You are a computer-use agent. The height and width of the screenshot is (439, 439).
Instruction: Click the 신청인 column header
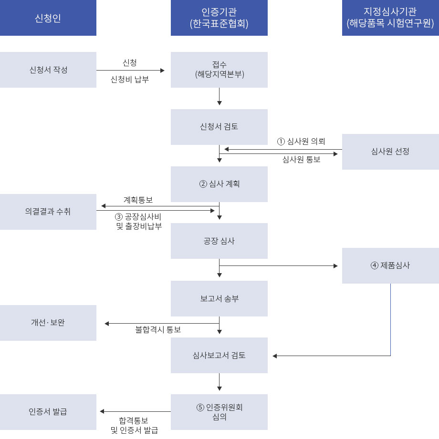[x=48, y=18]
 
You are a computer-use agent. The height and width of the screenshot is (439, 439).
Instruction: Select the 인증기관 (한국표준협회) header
[x=219, y=18]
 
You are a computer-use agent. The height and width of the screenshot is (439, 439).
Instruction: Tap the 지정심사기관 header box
[x=390, y=18]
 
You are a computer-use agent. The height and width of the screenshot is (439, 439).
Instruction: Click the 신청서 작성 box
[x=48, y=70]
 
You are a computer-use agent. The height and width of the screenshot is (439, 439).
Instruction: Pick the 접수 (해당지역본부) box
[x=219, y=70]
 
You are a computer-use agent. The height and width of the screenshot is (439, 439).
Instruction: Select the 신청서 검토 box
[x=219, y=127]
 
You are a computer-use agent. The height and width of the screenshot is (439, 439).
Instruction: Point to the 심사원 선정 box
[x=390, y=152]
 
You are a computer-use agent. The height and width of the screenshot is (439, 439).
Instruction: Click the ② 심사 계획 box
[x=219, y=184]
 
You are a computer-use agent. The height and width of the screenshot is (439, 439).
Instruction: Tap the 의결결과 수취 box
[x=48, y=212]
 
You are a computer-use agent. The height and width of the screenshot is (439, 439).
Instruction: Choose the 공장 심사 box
[x=219, y=241]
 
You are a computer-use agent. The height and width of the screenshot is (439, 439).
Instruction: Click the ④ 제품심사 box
[x=390, y=265]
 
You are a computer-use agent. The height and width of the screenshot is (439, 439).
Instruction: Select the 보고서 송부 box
[x=219, y=298]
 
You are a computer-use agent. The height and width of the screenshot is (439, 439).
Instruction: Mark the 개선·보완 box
[x=48, y=323]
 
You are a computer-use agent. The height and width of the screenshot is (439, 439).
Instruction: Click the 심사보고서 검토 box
[x=219, y=355]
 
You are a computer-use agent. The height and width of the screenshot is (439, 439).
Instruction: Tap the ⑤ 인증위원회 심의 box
[x=219, y=412]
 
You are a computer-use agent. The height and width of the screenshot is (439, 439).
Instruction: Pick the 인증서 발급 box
[x=48, y=412]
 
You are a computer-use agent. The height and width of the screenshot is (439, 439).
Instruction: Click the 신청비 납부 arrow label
[x=130, y=80]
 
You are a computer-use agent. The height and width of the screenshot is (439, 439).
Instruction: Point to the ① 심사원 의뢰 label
[x=301, y=142]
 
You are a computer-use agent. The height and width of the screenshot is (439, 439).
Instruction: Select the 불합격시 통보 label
[x=158, y=329]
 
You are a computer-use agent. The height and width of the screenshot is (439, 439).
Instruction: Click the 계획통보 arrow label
[x=138, y=200]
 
